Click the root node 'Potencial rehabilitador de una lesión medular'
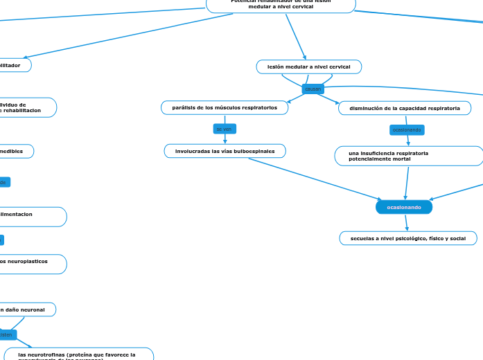[281, 5]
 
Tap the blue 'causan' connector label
[313, 89]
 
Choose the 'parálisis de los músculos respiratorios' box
[225, 108]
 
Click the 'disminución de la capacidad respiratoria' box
[405, 109]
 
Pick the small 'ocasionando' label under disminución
[407, 130]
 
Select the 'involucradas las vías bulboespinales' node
[225, 151]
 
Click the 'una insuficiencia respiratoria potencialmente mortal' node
[408, 156]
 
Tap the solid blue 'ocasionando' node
[404, 207]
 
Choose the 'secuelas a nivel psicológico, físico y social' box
[407, 238]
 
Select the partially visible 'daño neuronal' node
[28, 309]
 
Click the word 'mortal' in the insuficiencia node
[400, 159]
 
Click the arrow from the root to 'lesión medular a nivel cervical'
[295, 36]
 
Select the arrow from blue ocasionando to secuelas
[406, 222]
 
